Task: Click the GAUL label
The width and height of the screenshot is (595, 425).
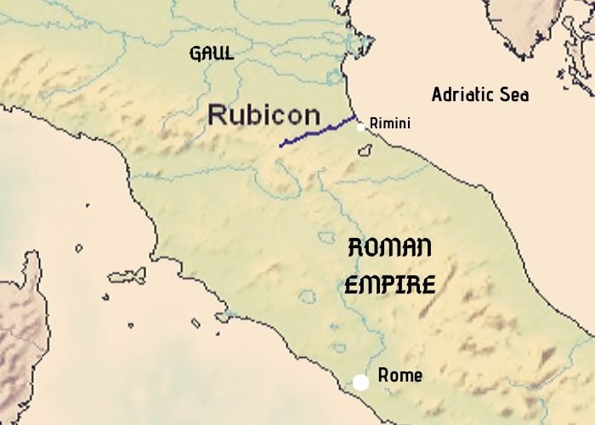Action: pos(212,54)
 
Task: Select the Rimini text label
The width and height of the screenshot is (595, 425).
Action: pos(390,124)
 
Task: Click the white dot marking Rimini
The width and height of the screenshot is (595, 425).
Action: pos(361,127)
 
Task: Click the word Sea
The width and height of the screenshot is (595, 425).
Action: pos(514,94)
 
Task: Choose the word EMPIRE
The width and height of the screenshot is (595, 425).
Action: pos(390,283)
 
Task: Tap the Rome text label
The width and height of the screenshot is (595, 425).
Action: pos(399,375)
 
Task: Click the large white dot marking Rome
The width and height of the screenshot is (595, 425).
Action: pos(361,382)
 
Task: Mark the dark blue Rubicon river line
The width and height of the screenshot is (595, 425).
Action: pos(319,132)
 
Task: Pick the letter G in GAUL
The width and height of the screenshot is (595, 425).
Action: pos(195,54)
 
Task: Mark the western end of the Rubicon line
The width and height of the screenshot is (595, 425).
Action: pos(280,145)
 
